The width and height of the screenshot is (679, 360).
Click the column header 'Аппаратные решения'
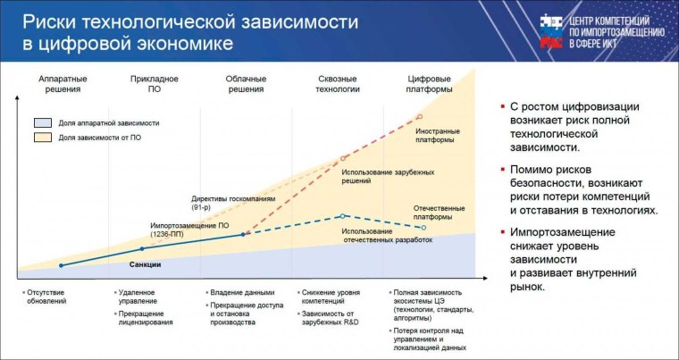coord(63,84)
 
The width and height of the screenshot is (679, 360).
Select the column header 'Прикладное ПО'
coord(154,84)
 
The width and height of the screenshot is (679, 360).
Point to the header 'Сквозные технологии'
coord(339,84)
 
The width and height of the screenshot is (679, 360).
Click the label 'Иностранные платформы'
coord(435,136)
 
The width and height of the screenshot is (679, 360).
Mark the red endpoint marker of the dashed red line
coord(420,117)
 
